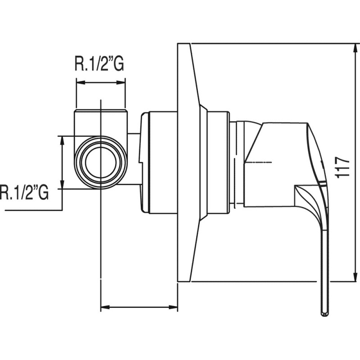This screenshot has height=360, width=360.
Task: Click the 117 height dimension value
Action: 342,167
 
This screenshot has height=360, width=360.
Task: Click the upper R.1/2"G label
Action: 99,64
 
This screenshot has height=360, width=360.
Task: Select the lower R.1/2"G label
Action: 24,193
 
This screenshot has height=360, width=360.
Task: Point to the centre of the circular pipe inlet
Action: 101,162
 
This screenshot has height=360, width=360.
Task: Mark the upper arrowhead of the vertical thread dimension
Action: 62,141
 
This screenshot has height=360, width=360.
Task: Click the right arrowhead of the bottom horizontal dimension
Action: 173,307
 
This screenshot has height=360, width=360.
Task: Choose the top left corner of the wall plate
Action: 177,43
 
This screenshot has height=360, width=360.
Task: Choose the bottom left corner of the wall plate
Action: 177,282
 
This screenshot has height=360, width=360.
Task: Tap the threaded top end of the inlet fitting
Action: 101,112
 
